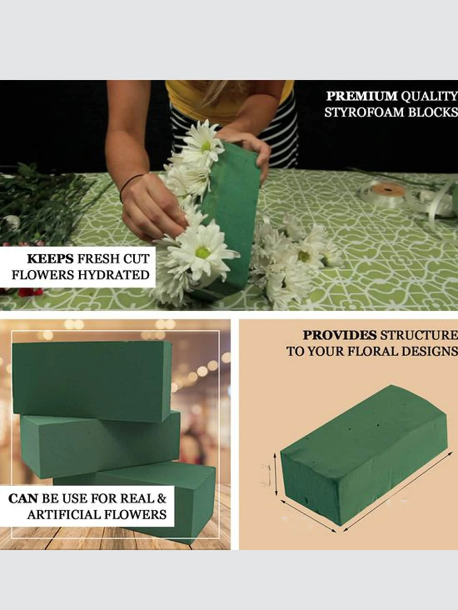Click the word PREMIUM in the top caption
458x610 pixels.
(362, 96)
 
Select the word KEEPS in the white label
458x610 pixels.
(50, 259)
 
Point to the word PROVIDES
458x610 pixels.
(339, 335)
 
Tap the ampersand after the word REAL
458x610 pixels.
(161, 499)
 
